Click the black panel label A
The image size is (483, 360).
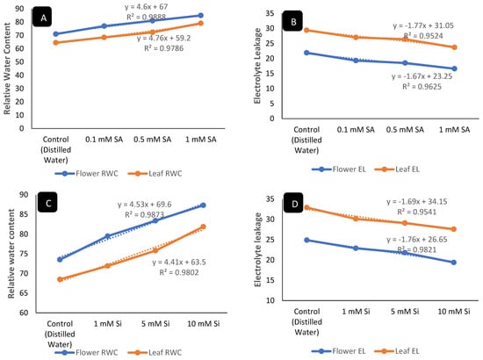[x=42, y=18]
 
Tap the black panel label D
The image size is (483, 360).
[x=293, y=203]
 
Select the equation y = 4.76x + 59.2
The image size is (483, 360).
[x=163, y=38]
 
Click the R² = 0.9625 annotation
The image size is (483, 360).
[x=422, y=87]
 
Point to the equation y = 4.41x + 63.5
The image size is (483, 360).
[x=178, y=262]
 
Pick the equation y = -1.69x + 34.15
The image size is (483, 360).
[x=417, y=202]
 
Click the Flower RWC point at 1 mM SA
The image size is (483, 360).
[x=200, y=16]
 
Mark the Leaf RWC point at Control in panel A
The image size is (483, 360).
[x=55, y=42]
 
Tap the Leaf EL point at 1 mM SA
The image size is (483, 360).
[x=454, y=47]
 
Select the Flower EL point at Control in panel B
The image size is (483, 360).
[x=306, y=53]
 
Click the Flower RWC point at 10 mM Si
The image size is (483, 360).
[x=204, y=205]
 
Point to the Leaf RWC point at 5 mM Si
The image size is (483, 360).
[x=155, y=250]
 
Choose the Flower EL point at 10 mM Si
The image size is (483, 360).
[x=454, y=263]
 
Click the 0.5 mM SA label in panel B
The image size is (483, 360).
[x=405, y=130]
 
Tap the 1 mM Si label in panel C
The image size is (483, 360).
[x=107, y=324]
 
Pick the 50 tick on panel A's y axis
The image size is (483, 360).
[x=19, y=61]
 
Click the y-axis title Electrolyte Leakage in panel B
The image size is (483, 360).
[x=257, y=66]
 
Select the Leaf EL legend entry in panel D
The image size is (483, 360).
[x=397, y=350]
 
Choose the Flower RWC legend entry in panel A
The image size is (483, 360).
[x=87, y=173]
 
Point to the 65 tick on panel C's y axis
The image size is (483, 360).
[x=24, y=293]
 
